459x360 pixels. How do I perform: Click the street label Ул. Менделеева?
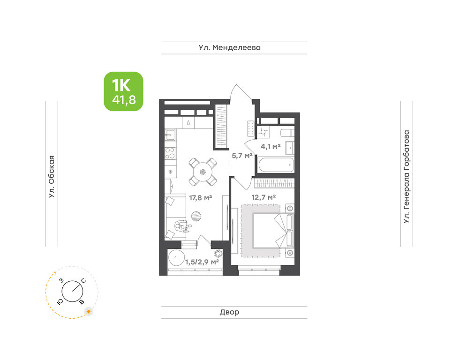(x=230, y=47)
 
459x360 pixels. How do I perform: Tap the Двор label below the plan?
(x=230, y=312)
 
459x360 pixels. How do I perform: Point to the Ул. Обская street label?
(x=52, y=177)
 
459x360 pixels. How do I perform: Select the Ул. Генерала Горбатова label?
(x=406, y=177)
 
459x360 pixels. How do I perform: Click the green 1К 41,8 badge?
(x=123, y=91)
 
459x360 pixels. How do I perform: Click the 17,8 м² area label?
(x=201, y=198)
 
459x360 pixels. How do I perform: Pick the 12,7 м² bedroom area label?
(x=264, y=197)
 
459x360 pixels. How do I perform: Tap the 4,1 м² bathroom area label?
(x=271, y=146)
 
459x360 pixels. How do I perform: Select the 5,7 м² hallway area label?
(x=242, y=156)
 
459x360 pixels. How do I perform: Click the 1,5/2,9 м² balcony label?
(x=202, y=262)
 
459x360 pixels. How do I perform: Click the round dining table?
(x=203, y=172)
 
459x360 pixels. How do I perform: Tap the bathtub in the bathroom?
(x=276, y=165)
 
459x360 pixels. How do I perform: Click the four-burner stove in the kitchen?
(x=170, y=153)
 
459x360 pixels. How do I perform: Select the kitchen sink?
(x=170, y=135)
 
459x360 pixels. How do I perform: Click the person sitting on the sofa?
(x=182, y=226)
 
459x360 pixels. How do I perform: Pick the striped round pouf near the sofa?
(x=196, y=217)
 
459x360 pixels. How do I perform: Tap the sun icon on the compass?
(x=89, y=311)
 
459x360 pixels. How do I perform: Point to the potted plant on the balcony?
(x=218, y=253)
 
